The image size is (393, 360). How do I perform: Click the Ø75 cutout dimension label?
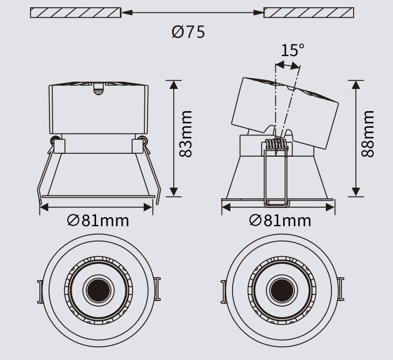click(188, 32)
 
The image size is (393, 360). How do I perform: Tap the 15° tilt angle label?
click(292, 51)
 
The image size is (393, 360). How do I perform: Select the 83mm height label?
click(187, 133)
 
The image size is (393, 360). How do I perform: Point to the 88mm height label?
click(367, 134)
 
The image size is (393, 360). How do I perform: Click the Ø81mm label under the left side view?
click(98, 221)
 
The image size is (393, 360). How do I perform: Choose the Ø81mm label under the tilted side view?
click(280, 221)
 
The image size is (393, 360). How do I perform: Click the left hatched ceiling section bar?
click(75, 12)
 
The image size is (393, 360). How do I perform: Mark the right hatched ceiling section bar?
click(309, 12)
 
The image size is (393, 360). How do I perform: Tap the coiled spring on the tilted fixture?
click(276, 144)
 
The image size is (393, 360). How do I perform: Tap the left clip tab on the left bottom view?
click(40, 291)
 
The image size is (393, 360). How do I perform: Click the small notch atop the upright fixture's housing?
click(99, 87)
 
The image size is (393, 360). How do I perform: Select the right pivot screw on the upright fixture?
click(144, 139)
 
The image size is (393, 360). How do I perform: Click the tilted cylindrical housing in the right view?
click(283, 108)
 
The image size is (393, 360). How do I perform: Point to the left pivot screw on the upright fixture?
click(54, 139)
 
